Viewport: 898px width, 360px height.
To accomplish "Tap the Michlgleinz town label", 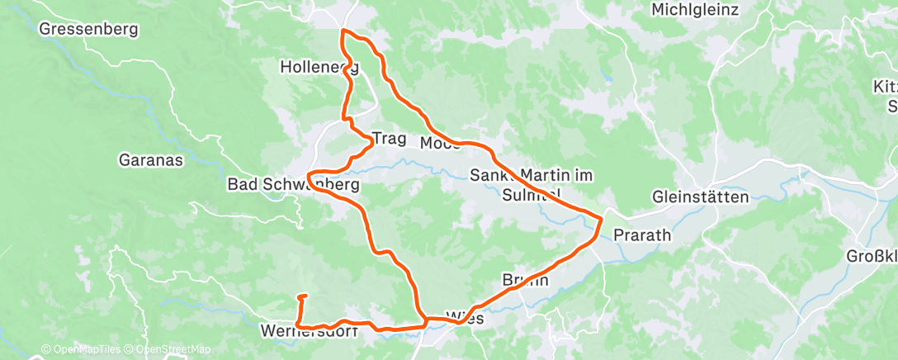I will point(694,10).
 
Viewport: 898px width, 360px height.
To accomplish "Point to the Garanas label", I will point(150,160).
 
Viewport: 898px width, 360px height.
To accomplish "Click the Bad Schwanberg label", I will point(293,185).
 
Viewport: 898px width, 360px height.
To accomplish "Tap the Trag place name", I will point(390,139).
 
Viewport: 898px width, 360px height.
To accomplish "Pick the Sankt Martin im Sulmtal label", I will point(532,185).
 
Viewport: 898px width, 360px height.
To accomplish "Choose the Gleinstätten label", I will point(701,197).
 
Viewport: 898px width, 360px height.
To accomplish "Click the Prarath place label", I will point(643,234).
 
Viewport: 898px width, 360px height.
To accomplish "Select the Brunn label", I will point(526,280).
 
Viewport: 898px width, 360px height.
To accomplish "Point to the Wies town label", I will point(462,317).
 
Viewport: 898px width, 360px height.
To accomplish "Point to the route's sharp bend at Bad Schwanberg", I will point(309,176).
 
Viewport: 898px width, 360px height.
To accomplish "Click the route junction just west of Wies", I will point(426,318).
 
